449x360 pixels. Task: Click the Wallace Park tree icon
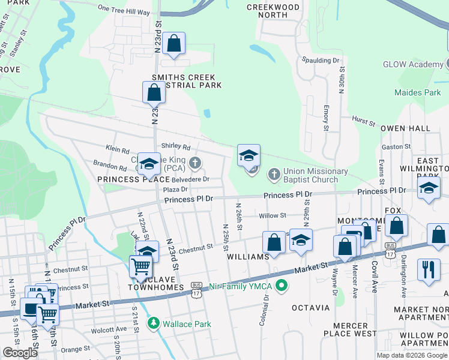tap(154, 324)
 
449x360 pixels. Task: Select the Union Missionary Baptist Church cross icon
tap(274, 175)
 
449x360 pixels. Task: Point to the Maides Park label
tap(417, 92)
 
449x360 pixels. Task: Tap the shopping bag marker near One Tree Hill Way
tap(173, 44)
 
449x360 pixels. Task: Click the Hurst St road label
tap(363, 122)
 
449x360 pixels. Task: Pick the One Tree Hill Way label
tap(123, 10)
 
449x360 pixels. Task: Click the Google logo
tap(20, 353)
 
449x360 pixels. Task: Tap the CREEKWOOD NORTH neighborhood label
tap(273, 11)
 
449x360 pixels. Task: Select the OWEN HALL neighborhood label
tap(405, 128)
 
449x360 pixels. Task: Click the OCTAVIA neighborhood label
tap(310, 308)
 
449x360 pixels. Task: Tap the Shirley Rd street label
tap(175, 146)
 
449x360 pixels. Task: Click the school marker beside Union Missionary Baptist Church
tap(249, 156)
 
